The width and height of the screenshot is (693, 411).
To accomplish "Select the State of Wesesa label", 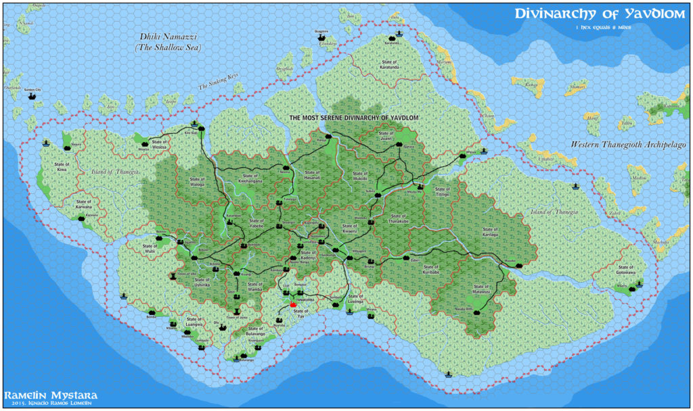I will tap(159, 146).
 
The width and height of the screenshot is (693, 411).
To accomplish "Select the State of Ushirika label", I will tap(202, 285).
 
